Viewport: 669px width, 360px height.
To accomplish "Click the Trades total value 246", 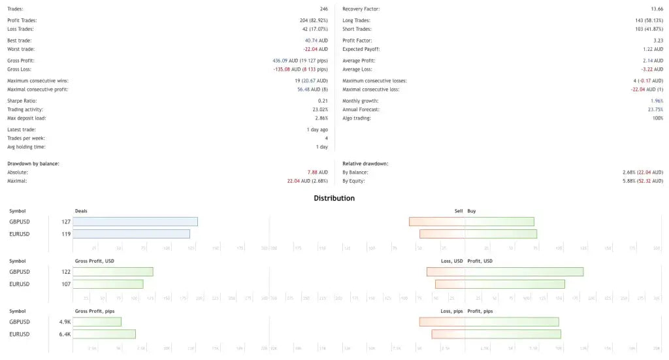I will pyautogui.click(x=323, y=9).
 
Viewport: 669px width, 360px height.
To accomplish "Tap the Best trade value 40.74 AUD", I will pyautogui.click(x=316, y=41).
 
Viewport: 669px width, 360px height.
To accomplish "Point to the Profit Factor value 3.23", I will pyautogui.click(x=657, y=41).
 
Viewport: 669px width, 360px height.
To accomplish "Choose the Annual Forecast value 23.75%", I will pyautogui.click(x=655, y=110).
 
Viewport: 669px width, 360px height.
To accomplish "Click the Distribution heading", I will pyautogui.click(x=334, y=198).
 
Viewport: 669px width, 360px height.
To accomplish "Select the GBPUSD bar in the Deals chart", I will pyautogui.click(x=135, y=221).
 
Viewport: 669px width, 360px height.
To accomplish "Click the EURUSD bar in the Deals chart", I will pyautogui.click(x=131, y=234).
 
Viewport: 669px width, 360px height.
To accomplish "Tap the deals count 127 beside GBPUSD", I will pyautogui.click(x=66, y=222).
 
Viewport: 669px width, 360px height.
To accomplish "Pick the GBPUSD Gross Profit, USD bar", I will pyautogui.click(x=113, y=272).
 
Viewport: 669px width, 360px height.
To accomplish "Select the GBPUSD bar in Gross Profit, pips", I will pyautogui.click(x=97, y=321).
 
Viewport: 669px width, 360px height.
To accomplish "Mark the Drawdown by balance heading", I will pyautogui.click(x=33, y=163).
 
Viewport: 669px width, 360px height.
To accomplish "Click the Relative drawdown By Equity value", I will pyautogui.click(x=643, y=181).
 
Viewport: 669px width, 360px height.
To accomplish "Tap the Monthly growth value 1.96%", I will pyautogui.click(x=657, y=101).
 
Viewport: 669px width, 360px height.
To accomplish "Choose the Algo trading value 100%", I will pyautogui.click(x=657, y=118).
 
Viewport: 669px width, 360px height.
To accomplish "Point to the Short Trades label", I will pyautogui.click(x=357, y=29).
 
